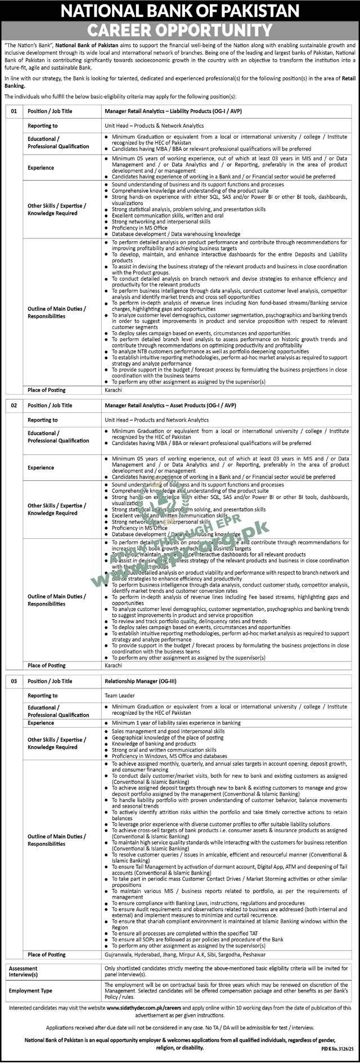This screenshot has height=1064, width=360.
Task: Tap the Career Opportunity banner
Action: click(x=180, y=29)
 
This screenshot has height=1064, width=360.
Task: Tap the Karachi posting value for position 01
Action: click(x=113, y=390)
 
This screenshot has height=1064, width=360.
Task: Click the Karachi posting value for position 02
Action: click(x=113, y=665)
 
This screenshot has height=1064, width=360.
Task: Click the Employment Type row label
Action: click(x=30, y=991)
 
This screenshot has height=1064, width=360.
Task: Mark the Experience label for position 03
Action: click(x=41, y=723)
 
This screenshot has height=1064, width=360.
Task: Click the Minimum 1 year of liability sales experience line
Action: click(x=176, y=723)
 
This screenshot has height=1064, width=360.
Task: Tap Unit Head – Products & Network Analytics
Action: click(x=154, y=126)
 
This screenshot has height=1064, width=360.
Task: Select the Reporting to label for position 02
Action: click(x=43, y=420)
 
